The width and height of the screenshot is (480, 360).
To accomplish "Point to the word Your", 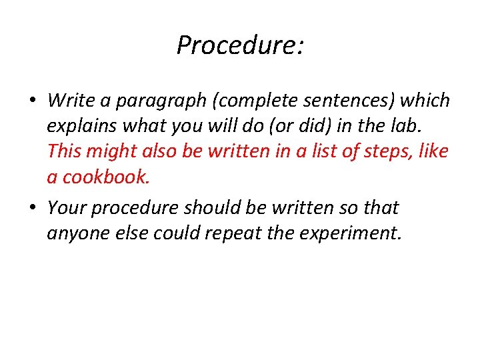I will (67, 207).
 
